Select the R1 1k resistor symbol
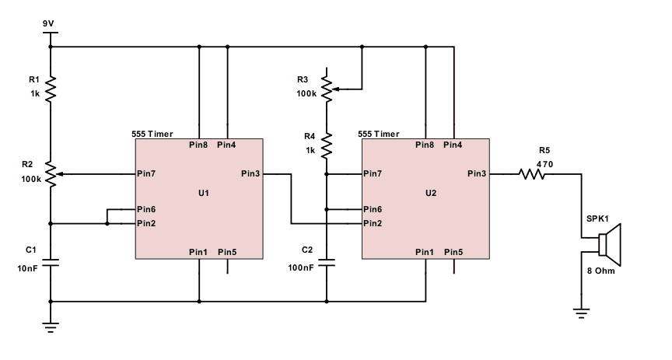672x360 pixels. click(x=51, y=89)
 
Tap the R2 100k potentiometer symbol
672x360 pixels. click(x=51, y=174)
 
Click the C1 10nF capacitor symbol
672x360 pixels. click(x=51, y=264)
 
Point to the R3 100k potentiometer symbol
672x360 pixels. click(x=327, y=88)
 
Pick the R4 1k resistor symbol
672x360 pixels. click(x=327, y=145)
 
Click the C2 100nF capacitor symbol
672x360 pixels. click(x=327, y=263)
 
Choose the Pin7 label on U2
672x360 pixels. click(x=373, y=173)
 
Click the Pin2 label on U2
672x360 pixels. click(x=373, y=224)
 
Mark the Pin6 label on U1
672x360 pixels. click(x=147, y=209)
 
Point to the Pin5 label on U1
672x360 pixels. click(x=227, y=252)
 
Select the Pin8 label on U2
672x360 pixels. click(x=425, y=145)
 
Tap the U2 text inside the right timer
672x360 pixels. click(x=431, y=192)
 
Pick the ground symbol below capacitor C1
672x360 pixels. click(x=51, y=327)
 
